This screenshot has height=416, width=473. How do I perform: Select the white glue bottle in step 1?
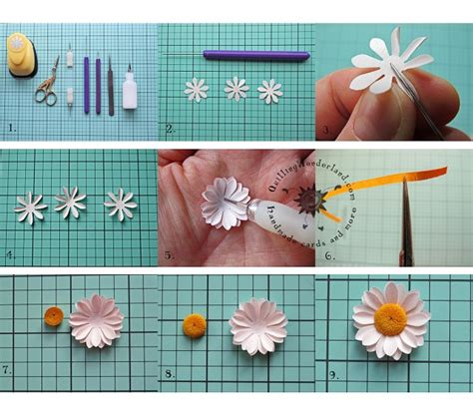click(x=130, y=90)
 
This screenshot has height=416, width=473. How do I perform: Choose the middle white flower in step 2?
click(x=236, y=90)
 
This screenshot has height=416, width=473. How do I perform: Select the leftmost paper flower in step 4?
click(x=30, y=208)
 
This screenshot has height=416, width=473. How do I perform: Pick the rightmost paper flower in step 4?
click(x=121, y=205)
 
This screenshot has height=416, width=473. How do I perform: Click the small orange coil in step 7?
click(x=54, y=317)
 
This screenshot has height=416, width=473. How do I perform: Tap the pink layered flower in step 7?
click(x=96, y=321)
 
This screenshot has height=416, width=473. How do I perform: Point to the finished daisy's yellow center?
click(x=391, y=319)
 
